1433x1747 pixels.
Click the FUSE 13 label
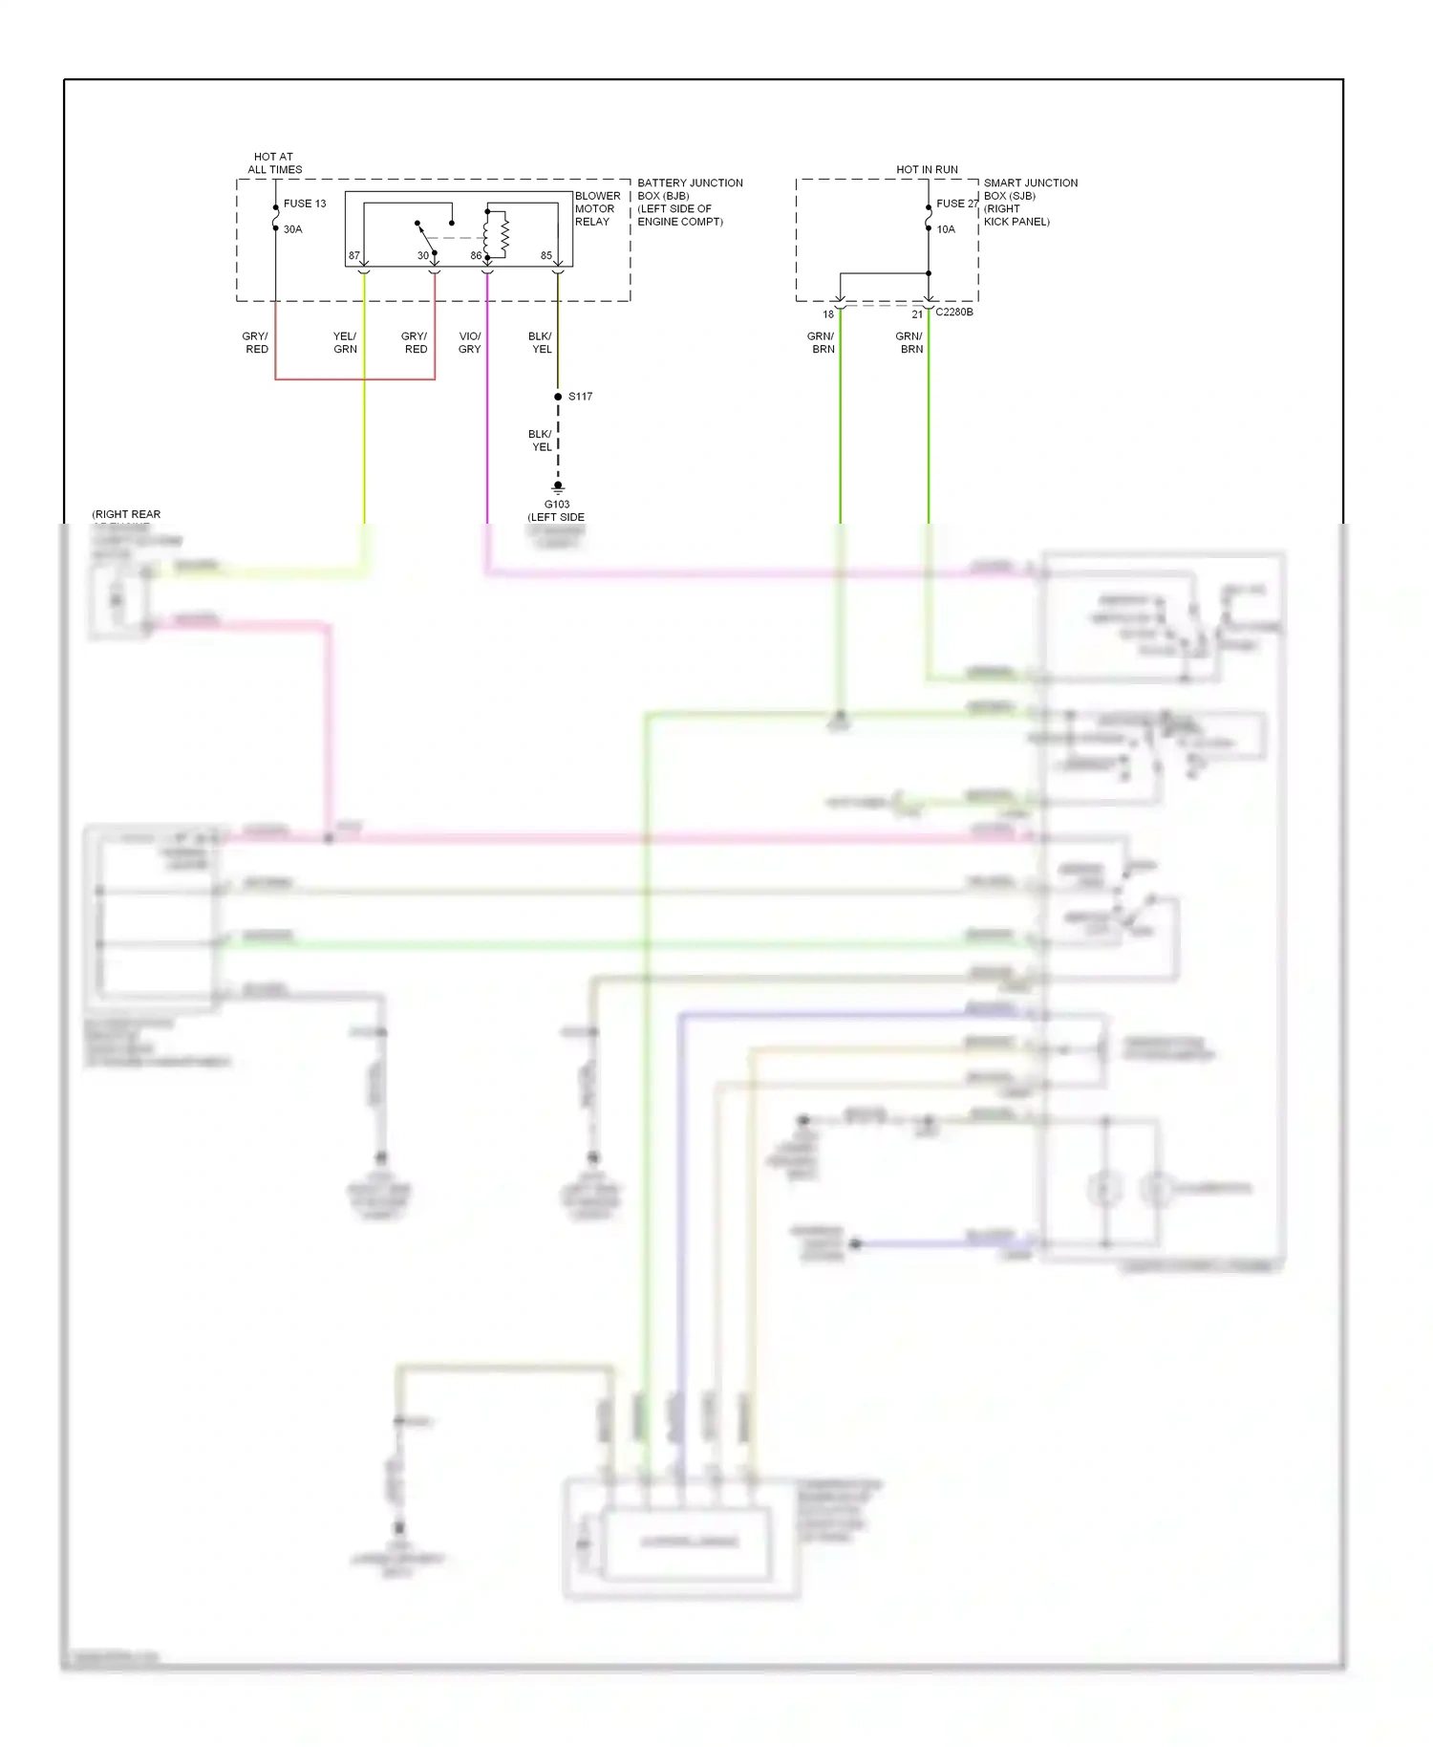[304, 204]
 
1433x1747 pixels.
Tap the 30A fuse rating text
[292, 229]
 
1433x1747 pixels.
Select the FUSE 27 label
[956, 204]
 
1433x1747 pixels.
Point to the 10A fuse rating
[945, 229]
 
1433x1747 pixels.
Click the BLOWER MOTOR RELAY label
[596, 208]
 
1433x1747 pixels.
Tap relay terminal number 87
[354, 256]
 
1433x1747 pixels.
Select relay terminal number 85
[546, 256]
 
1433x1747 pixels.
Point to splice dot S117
[558, 397]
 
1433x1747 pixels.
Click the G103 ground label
[557, 505]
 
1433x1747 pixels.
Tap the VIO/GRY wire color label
[470, 343]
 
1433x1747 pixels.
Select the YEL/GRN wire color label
[345, 343]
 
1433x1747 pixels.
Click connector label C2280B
[953, 313]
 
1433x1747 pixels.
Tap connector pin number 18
[828, 314]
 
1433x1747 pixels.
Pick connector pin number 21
[917, 314]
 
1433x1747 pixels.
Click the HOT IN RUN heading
[927, 169]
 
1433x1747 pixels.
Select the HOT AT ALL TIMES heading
[274, 163]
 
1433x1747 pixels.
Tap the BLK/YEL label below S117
[541, 441]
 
